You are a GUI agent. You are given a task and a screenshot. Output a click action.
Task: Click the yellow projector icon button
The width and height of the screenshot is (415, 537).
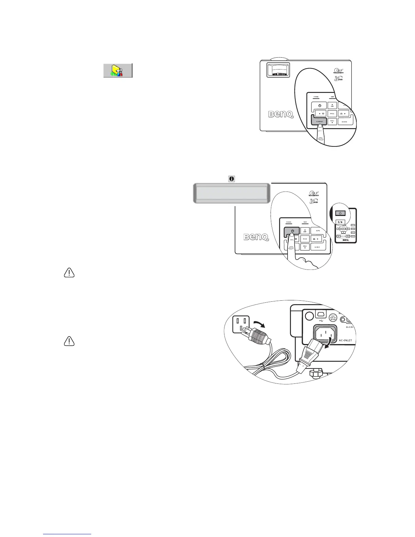coord(118,71)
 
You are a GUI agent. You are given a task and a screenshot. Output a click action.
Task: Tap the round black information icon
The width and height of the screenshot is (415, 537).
coord(232,178)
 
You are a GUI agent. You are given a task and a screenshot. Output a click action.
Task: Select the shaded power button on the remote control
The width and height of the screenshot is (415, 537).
coord(340,213)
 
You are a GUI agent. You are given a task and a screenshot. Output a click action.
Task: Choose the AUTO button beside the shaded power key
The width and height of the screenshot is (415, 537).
coord(318,231)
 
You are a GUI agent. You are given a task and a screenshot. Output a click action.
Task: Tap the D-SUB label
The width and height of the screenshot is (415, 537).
coord(350,327)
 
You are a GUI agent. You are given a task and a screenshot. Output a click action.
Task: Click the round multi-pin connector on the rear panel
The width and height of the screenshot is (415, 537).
coord(333,318)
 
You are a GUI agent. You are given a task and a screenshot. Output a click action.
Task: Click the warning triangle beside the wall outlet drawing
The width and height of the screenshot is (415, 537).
coord(69,341)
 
